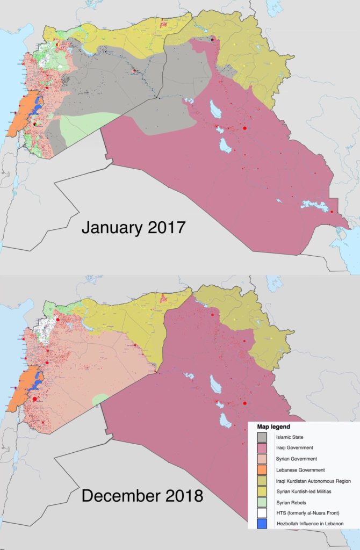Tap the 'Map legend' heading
[x=273, y=426]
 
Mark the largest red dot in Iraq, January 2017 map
[x=244, y=128]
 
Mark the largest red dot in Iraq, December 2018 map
[x=244, y=403]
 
